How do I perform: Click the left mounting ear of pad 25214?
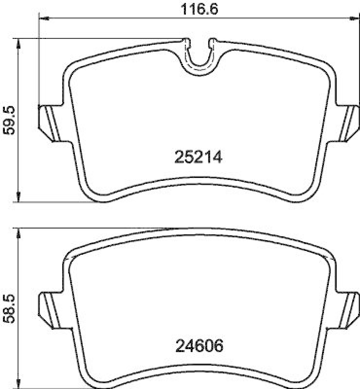click(48, 123)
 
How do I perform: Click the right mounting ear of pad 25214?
click(347, 123)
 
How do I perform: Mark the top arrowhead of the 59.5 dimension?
click(18, 44)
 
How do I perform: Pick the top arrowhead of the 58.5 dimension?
click(18, 234)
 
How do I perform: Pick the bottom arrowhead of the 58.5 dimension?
click(18, 384)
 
